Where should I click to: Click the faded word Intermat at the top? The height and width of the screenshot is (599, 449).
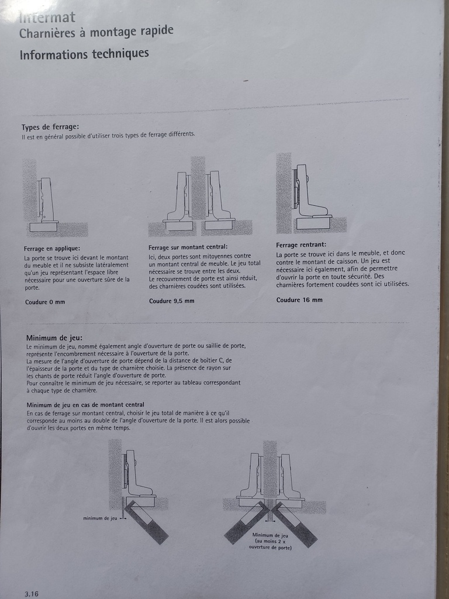tap(47, 17)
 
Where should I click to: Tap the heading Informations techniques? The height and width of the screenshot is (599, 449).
tap(84, 53)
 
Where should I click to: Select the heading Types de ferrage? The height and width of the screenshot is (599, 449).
tap(50, 127)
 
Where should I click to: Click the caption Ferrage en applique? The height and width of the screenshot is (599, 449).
tap(52, 249)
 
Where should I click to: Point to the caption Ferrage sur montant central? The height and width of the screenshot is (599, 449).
tap(188, 247)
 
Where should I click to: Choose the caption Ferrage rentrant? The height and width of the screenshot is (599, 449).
tap(301, 245)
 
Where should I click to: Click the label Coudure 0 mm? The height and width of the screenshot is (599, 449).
tap(45, 302)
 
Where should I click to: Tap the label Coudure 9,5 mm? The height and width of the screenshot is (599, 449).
tap(172, 301)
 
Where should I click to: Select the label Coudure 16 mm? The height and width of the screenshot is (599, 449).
tap(299, 300)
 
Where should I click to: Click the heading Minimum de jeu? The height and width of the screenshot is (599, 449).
tap(54, 338)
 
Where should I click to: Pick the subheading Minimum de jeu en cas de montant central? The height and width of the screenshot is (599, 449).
tap(85, 405)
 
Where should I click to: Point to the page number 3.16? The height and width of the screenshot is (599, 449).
tap(32, 594)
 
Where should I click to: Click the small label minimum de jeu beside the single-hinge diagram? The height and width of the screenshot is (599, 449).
tap(100, 518)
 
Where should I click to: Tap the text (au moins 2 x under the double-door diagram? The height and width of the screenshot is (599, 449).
tap(270, 541)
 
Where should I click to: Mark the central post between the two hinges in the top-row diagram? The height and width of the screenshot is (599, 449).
tap(198, 188)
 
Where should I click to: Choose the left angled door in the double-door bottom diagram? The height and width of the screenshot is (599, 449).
tap(247, 522)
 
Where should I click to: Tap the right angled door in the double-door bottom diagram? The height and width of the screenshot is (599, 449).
tap(294, 525)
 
